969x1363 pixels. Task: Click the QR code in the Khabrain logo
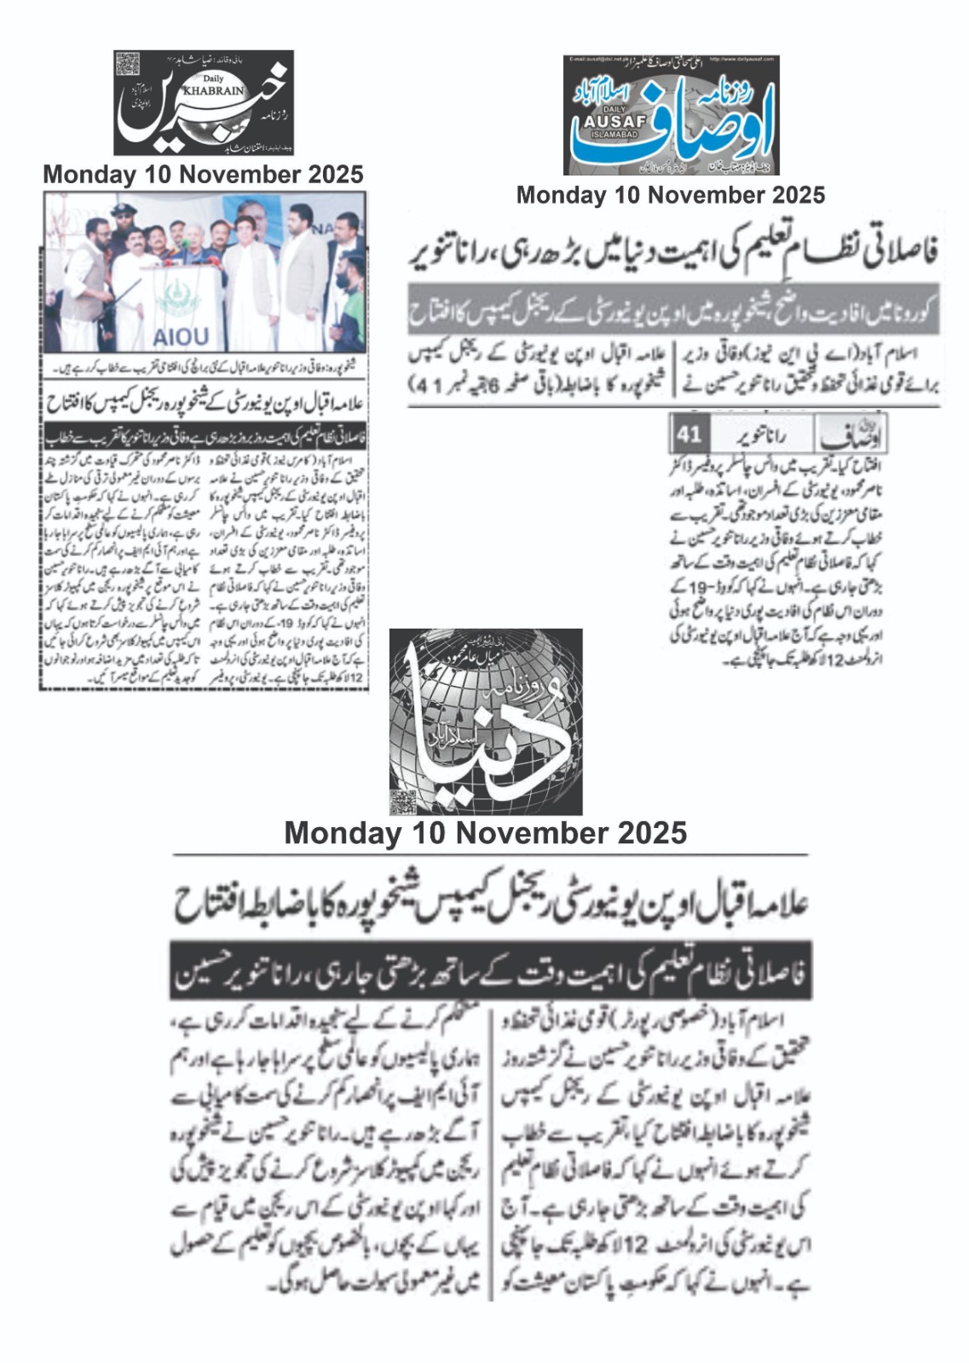click(x=128, y=64)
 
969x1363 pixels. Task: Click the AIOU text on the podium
click(x=181, y=336)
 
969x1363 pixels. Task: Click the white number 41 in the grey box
click(x=689, y=434)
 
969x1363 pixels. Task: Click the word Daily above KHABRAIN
click(x=207, y=78)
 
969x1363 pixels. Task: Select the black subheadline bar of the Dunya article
click(x=490, y=970)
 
